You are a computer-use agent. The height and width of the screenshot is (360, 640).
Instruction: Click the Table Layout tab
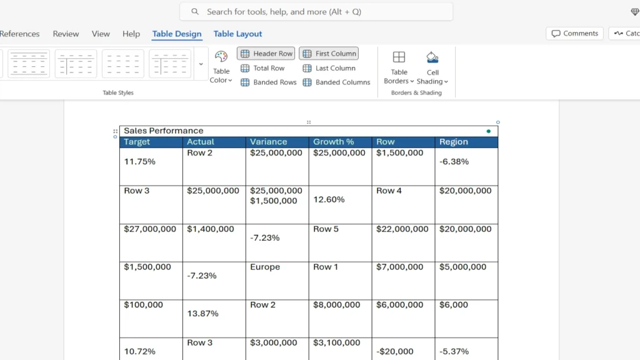[237, 34]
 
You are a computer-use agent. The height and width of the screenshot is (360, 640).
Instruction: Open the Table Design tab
[177, 34]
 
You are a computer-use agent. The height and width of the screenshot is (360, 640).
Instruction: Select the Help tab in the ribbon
[131, 34]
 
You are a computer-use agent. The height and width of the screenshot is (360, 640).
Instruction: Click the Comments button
[574, 34]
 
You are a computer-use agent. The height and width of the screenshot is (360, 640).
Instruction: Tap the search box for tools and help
[316, 11]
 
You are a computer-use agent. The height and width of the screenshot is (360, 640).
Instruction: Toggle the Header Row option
[266, 54]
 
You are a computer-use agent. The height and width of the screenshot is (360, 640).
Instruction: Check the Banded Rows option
[269, 82]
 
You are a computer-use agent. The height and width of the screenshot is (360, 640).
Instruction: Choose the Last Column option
[329, 68]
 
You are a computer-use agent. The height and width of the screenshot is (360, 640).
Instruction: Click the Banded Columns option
[336, 82]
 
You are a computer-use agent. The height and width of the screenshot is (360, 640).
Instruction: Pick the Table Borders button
[399, 67]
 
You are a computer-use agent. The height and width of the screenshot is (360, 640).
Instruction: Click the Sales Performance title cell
[164, 131]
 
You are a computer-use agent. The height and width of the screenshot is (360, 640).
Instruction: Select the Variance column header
[269, 142]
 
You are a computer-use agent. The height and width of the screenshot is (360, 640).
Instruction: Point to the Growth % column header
[334, 142]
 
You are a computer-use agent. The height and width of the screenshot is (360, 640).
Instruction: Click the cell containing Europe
[265, 267]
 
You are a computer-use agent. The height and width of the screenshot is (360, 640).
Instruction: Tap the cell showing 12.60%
[329, 199]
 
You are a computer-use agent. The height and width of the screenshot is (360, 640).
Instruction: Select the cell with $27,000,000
[150, 229]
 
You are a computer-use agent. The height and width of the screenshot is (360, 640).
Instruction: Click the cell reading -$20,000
[395, 351]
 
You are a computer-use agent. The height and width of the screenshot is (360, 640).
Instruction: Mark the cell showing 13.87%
[203, 313]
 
